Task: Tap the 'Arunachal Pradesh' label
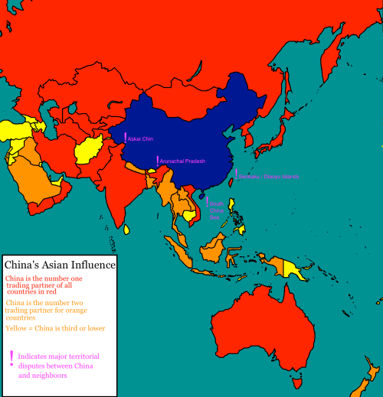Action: pos(182,161)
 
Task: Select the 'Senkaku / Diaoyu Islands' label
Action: pos(268,177)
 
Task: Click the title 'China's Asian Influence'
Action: pos(61,265)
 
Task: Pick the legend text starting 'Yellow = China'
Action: pos(55,328)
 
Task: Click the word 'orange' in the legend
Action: pos(79,310)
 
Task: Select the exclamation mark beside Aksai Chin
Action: pos(125,138)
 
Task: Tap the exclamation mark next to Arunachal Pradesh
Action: pos(157,161)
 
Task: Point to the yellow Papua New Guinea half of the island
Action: pos(295,268)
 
